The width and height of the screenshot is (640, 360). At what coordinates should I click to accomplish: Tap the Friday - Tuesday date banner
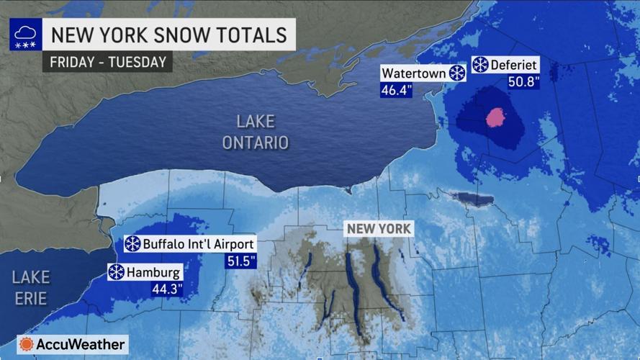tap(108, 61)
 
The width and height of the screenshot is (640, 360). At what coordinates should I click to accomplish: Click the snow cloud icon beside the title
tap(25, 35)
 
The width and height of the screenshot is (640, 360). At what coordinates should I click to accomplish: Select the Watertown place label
tap(413, 73)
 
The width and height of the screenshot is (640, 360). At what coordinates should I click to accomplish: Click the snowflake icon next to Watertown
tap(456, 73)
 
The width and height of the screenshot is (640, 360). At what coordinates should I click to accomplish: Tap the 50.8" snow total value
tap(523, 83)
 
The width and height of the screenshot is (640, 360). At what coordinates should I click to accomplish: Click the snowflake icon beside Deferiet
tap(480, 66)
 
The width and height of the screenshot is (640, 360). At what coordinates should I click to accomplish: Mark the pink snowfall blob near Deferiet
tap(496, 117)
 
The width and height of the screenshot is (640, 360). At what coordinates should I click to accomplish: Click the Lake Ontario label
tap(255, 132)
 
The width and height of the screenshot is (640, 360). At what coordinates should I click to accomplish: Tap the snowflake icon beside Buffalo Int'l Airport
tap(132, 244)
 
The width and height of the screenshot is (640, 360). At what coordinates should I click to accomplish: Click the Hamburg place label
tap(154, 272)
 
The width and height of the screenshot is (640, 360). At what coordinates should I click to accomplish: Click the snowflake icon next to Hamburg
tap(116, 272)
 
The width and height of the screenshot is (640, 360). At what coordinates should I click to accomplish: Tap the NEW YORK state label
tap(379, 229)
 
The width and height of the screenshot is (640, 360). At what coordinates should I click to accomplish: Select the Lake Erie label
tap(30, 287)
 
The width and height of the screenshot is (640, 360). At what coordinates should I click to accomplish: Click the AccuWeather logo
tap(72, 344)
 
